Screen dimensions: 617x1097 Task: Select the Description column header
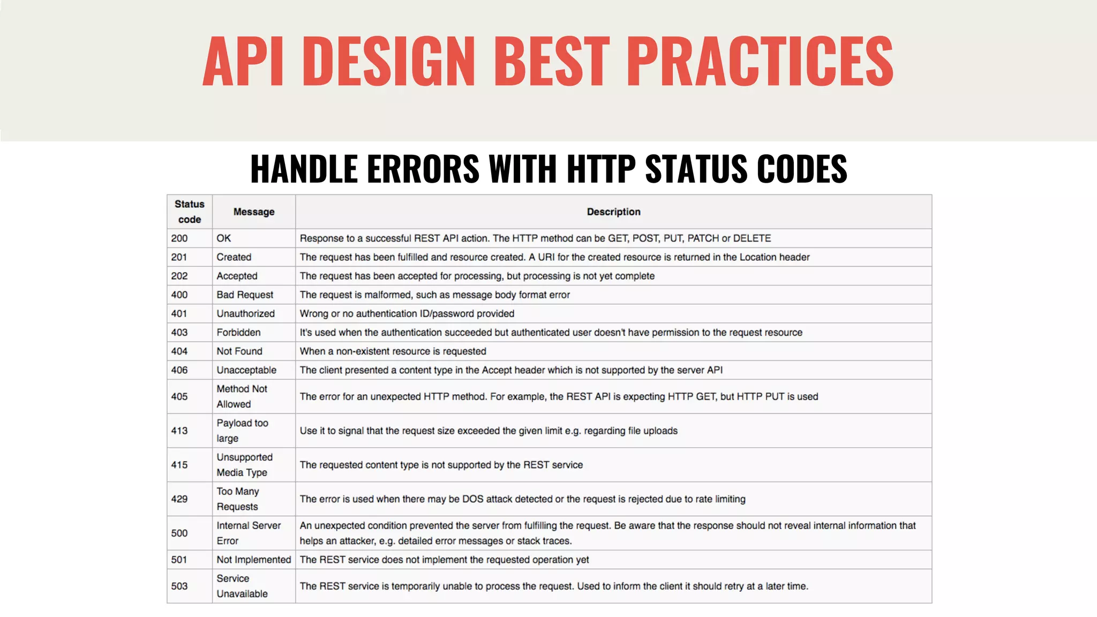[613, 212]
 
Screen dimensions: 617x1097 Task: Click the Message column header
[254, 212]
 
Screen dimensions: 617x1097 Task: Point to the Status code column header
[190, 212]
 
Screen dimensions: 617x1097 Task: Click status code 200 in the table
[179, 238]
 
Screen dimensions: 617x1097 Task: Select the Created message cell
[234, 257]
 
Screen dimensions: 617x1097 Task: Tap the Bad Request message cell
[245, 295]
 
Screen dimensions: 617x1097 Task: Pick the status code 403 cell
[179, 333]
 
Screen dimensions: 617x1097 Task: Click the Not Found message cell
[239, 351]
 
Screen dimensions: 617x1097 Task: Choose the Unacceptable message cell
[246, 370]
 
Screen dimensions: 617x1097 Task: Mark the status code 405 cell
[179, 397]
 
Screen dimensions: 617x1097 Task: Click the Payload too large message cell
[242, 431]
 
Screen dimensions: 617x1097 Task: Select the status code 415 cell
[179, 465]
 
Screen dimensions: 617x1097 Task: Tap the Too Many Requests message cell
[238, 499]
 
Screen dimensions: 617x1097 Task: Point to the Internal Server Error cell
[249, 533]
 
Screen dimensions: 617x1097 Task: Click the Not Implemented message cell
[254, 560]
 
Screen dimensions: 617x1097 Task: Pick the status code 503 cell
[179, 586]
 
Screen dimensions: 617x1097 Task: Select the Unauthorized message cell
[245, 314]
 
